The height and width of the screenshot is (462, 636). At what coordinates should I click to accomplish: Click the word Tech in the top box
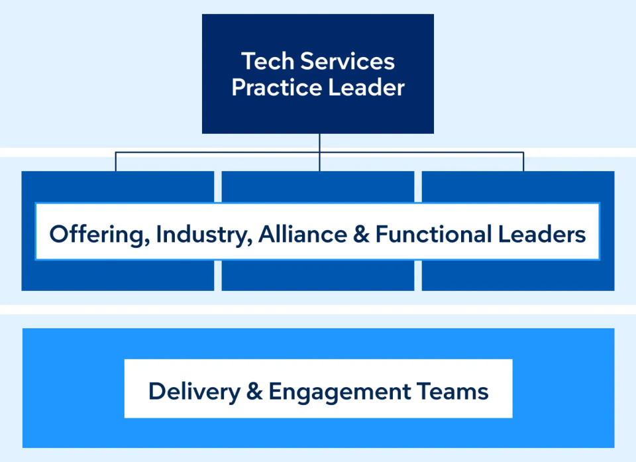268,62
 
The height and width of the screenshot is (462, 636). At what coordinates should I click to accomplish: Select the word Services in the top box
347,62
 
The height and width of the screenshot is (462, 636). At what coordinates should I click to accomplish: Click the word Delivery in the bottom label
194,391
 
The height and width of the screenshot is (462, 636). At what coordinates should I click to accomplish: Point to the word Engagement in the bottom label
339,391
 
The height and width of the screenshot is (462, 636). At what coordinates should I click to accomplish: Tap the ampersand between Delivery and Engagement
254,391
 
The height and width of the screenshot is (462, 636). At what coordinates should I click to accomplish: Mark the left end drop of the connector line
115,162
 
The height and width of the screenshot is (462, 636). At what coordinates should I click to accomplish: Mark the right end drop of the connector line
523,162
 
